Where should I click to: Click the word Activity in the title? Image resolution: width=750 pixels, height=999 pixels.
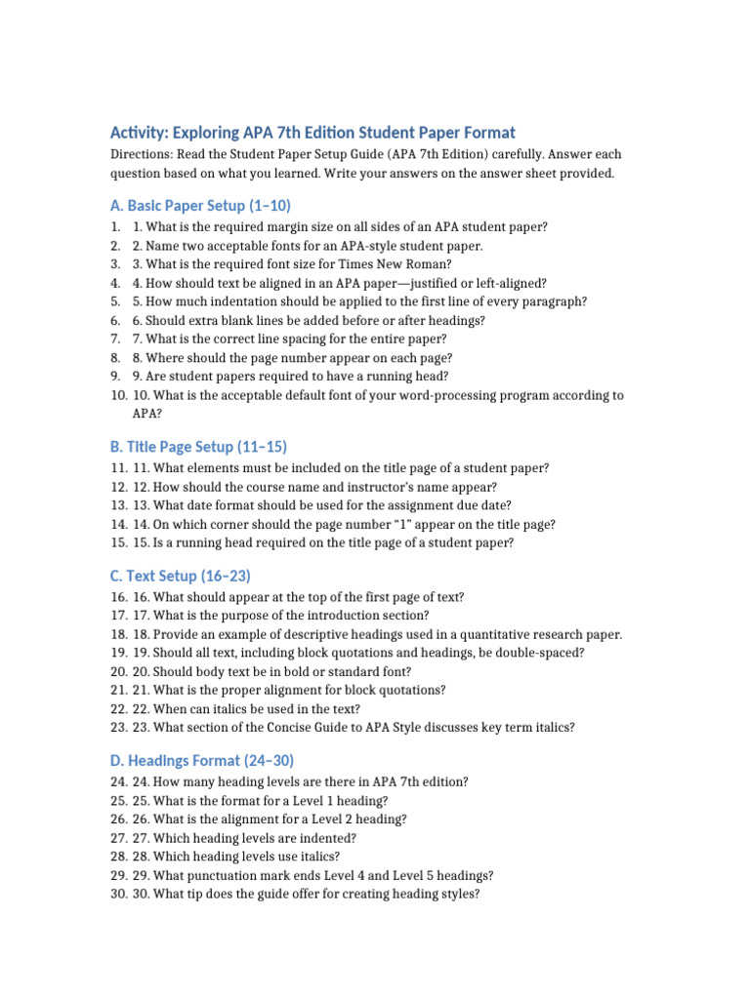139,133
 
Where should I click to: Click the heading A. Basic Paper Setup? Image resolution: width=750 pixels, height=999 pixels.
200,205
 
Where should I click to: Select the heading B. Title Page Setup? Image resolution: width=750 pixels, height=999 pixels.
198,447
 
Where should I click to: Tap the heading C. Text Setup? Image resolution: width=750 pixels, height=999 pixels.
181,576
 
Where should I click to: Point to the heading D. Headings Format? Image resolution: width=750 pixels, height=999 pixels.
202,760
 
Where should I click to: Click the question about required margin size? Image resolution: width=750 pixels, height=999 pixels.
340,226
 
